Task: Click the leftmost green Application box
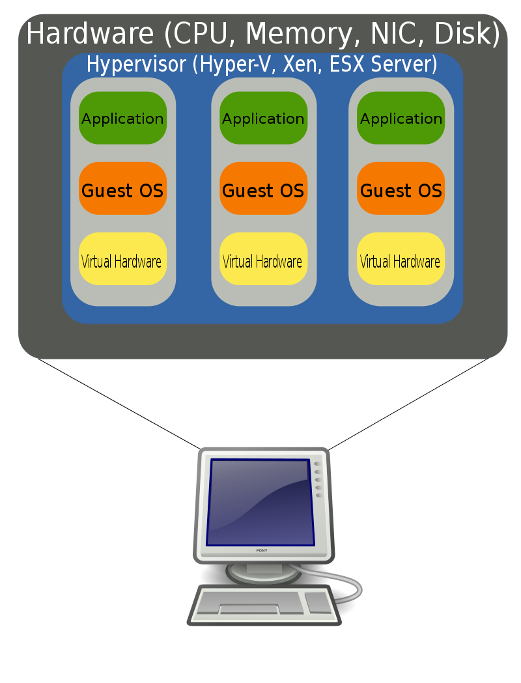click(122, 118)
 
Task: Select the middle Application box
click(263, 118)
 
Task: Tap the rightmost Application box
click(401, 118)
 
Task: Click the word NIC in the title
click(387, 34)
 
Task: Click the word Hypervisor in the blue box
click(137, 65)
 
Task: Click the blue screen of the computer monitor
click(259, 502)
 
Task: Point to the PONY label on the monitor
click(261, 551)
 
